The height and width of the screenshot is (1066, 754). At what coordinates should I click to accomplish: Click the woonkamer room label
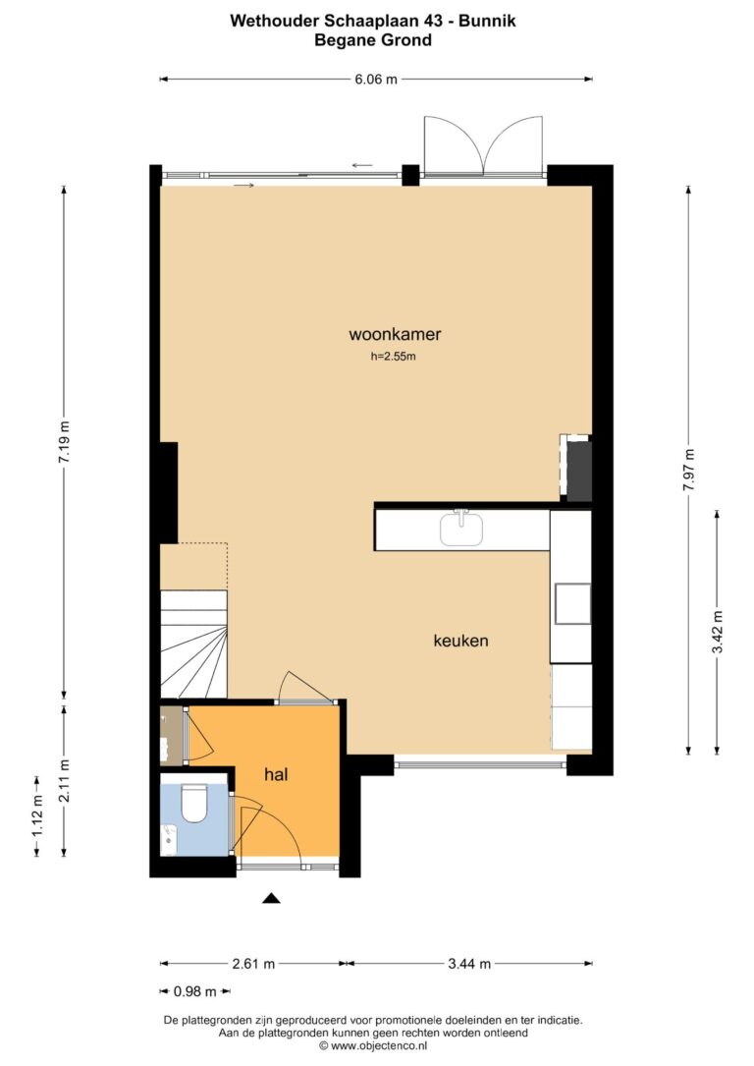(x=395, y=334)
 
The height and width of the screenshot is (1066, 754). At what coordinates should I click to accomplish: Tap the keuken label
(x=460, y=641)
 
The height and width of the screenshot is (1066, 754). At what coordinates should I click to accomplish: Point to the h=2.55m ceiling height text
(x=393, y=356)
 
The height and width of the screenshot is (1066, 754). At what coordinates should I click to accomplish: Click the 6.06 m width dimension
(x=376, y=79)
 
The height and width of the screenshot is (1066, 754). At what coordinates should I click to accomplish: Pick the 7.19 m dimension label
(x=64, y=442)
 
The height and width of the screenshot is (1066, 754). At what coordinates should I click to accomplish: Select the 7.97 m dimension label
(x=689, y=469)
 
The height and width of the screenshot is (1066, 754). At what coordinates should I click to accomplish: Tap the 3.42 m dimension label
(x=718, y=632)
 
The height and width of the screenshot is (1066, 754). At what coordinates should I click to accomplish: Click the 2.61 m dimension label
(x=253, y=964)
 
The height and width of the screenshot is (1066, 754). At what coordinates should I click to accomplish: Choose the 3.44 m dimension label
(x=468, y=964)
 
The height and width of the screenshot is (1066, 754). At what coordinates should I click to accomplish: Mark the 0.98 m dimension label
(x=195, y=991)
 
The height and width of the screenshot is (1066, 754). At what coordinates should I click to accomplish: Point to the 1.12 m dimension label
(x=37, y=815)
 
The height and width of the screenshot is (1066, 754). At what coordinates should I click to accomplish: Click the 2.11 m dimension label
(x=65, y=780)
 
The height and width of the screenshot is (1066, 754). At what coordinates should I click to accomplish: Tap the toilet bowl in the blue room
(x=193, y=803)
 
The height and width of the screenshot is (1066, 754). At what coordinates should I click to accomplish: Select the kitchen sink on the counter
(x=461, y=529)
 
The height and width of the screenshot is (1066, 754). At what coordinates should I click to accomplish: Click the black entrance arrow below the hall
(x=272, y=898)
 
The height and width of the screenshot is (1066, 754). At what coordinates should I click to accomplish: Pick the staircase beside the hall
(x=193, y=644)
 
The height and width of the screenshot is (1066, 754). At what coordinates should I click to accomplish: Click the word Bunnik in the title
(x=487, y=21)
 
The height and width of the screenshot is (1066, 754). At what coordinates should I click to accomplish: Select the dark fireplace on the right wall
(x=578, y=472)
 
